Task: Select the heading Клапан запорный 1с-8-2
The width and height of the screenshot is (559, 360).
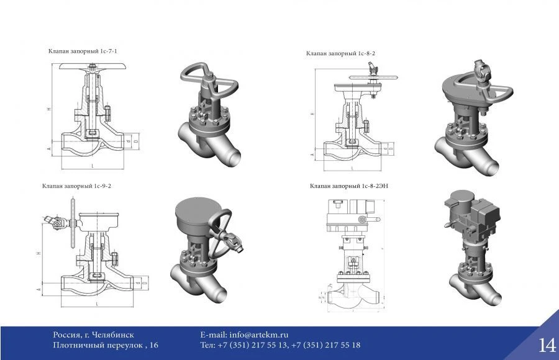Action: click(x=340, y=53)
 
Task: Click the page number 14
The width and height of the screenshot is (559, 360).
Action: click(x=547, y=344)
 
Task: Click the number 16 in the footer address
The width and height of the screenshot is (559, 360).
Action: click(x=154, y=345)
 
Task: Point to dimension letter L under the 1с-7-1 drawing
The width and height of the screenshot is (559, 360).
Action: click(x=92, y=166)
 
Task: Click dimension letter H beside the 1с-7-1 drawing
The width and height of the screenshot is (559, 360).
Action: click(x=48, y=109)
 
